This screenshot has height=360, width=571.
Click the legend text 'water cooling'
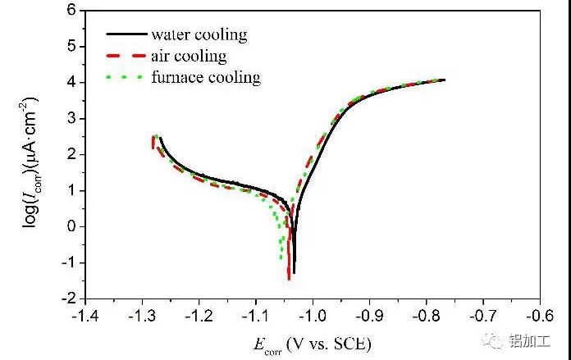[x=199, y=34]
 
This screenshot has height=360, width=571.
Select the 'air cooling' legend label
[x=188, y=57]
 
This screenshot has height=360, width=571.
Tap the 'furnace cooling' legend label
[x=205, y=78]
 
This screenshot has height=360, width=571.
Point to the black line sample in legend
[x=126, y=34]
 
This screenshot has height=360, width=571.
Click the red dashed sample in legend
[x=126, y=57]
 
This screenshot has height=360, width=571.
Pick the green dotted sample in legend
[x=126, y=78]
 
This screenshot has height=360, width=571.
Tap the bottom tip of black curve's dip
[x=294, y=272]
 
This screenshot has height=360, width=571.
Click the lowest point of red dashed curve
[x=289, y=280]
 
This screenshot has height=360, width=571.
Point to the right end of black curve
[x=444, y=80]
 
